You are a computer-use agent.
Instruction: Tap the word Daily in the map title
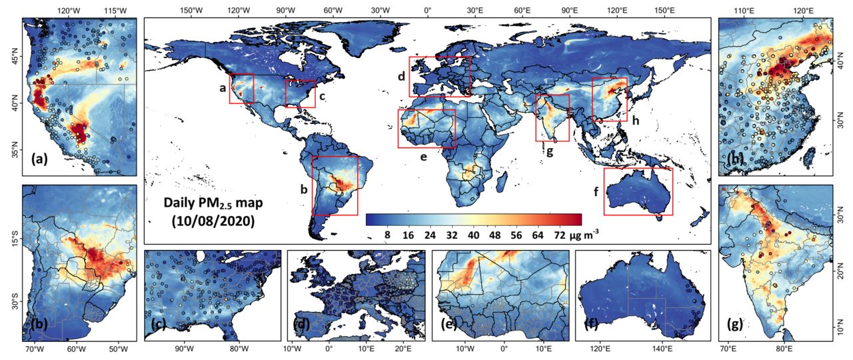(181, 203)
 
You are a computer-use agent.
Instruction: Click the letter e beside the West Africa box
(423, 157)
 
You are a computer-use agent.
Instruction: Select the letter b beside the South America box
(304, 189)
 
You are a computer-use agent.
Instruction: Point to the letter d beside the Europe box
(401, 77)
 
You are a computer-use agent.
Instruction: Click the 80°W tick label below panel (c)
(239, 349)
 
